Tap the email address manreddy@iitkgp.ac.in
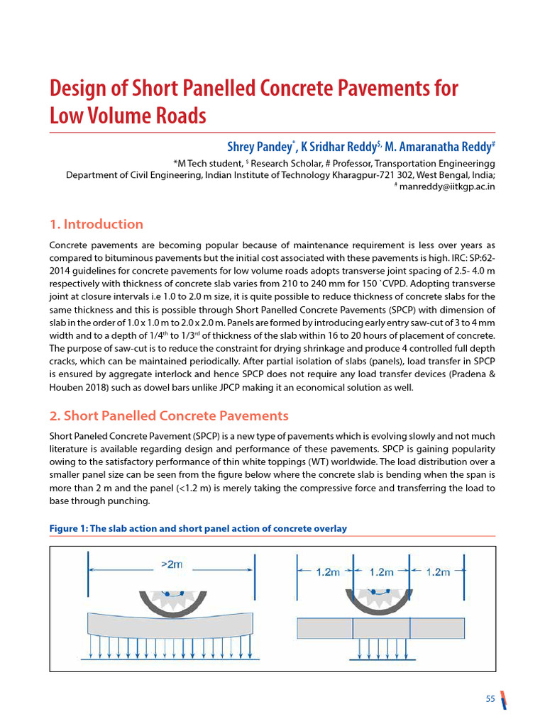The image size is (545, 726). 448,186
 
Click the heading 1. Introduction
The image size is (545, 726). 96,224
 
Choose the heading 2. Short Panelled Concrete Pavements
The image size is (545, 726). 169,415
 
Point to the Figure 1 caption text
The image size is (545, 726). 198,528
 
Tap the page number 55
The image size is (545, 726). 490,699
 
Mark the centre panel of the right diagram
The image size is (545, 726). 381,628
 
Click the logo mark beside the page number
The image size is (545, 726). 503,699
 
